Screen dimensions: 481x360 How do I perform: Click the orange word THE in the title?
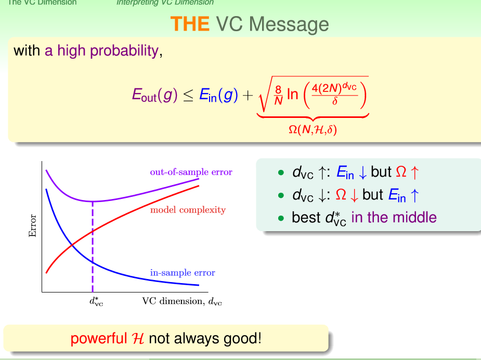190,24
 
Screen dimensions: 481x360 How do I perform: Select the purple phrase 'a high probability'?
101,50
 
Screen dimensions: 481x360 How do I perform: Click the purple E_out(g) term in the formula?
154,95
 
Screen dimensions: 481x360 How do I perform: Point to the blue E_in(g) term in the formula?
218,95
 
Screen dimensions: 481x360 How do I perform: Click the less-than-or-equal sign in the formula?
188,96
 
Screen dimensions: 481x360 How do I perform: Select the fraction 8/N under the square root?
278,95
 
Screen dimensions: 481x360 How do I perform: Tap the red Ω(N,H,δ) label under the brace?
313,129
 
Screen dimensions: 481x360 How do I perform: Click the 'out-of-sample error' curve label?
191,172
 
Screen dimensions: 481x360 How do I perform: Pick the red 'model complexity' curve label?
188,210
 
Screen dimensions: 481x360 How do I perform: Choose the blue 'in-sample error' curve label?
183,273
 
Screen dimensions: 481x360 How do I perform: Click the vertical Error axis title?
33,226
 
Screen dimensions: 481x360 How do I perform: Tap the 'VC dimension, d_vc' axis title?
182,301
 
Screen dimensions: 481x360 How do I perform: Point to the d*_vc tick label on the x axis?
96,301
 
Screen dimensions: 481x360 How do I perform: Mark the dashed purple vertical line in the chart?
93,247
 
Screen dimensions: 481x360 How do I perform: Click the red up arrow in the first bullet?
414,172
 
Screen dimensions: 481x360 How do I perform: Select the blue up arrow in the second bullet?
414,195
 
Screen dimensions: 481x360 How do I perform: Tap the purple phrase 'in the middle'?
394,217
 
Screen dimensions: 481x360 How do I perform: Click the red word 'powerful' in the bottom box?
98,339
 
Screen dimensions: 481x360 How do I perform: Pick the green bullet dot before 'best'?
281,218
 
